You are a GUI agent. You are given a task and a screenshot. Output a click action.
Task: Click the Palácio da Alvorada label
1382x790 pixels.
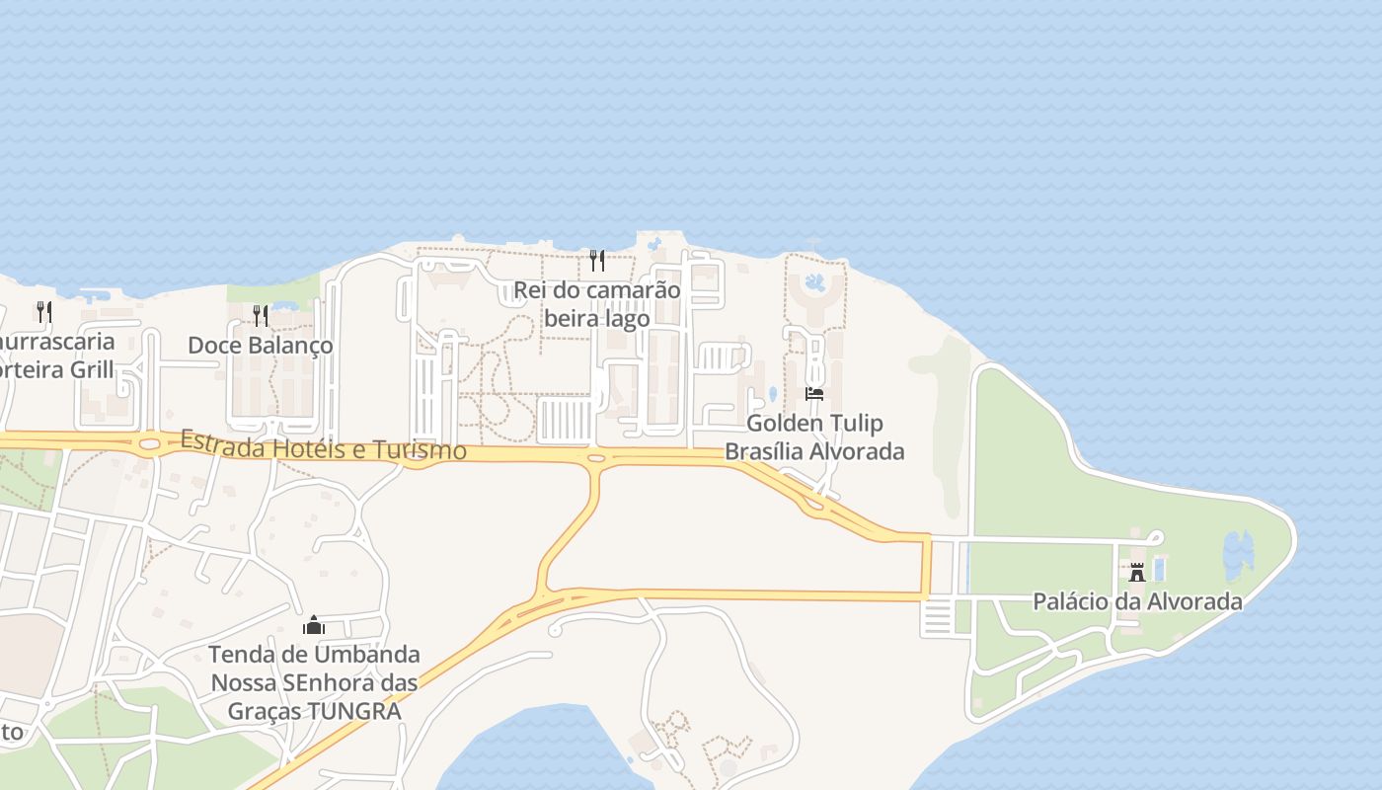[x=1137, y=601]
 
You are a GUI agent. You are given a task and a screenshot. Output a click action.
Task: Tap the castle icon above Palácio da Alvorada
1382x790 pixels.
[x=1137, y=572]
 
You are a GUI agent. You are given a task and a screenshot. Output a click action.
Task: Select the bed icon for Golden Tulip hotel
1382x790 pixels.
[x=814, y=394]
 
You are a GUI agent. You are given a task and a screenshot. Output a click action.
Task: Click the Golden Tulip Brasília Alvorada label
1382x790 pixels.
[x=814, y=437]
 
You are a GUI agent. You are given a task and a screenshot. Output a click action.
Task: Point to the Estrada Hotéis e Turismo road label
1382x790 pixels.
[x=323, y=445]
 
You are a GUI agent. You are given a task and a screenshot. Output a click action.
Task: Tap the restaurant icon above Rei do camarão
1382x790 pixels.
[x=596, y=261]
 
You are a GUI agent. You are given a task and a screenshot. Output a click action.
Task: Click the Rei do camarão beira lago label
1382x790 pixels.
[x=596, y=304]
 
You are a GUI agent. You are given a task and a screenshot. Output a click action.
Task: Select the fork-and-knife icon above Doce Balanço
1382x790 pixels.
[x=261, y=316]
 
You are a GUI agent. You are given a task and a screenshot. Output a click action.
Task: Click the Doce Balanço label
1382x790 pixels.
[x=261, y=347]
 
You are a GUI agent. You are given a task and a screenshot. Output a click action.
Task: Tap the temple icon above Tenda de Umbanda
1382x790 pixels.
[x=314, y=624]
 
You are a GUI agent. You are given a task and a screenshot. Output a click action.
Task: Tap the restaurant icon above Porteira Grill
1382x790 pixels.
[x=44, y=312]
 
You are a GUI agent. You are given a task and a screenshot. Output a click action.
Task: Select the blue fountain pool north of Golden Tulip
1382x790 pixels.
[x=814, y=284]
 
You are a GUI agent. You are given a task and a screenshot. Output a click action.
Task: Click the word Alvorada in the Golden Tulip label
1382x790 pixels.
[x=855, y=452]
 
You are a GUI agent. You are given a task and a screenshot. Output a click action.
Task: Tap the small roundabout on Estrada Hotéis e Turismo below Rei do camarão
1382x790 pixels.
[x=595, y=459]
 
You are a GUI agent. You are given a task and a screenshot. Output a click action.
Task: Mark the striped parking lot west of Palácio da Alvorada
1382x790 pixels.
[x=936, y=616]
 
